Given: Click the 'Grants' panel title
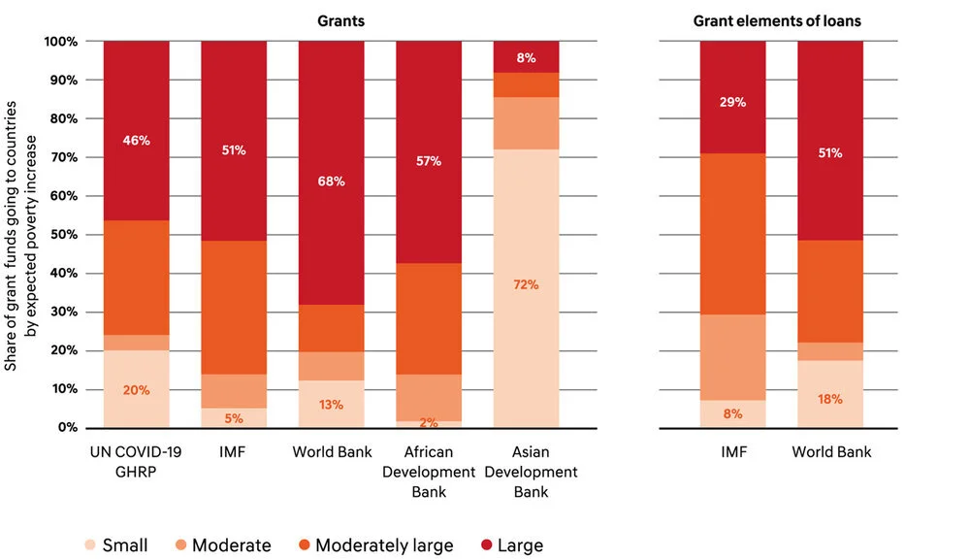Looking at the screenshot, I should click(340, 20).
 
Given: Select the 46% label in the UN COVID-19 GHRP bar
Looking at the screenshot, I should click(137, 141).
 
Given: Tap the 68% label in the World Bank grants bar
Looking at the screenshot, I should click(331, 181).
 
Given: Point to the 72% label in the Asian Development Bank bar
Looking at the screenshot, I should click(526, 285).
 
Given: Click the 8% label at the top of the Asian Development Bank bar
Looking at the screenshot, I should click(526, 57).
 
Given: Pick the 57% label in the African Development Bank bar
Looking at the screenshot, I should click(428, 161).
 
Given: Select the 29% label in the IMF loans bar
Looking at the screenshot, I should click(732, 102).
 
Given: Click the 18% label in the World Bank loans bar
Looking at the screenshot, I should click(830, 399).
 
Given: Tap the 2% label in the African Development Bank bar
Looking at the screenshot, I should click(428, 421).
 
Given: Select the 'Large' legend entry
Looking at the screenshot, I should click(508, 545).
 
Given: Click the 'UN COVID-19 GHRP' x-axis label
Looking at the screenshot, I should click(137, 462).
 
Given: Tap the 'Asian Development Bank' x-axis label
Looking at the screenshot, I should click(526, 472).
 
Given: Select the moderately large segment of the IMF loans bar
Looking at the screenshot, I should click(732, 234).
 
